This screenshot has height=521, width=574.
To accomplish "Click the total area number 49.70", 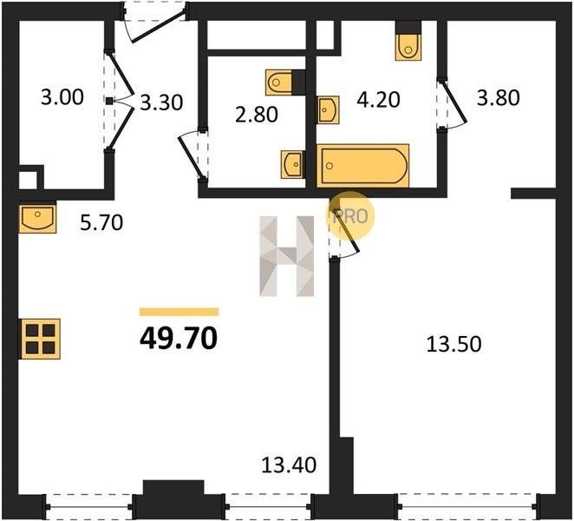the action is tap(179, 338).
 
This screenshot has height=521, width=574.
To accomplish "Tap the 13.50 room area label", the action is tap(454, 344).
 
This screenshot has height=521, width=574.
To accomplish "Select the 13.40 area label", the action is tap(289, 465).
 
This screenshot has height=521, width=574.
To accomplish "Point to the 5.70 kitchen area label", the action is tap(101, 222).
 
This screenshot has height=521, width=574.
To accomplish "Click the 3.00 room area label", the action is tap(62, 97).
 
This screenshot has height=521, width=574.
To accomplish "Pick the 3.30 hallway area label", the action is tap(161, 102).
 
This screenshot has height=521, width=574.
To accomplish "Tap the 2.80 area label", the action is tap(257, 115).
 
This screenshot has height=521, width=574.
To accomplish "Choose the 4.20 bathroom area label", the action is tap(378, 100).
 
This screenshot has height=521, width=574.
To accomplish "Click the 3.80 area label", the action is tap(499, 98).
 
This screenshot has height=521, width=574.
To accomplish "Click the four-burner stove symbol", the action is tap(40, 340).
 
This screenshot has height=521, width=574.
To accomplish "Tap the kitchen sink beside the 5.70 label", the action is tap(37, 217).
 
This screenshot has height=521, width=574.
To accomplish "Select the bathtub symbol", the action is tap(362, 166).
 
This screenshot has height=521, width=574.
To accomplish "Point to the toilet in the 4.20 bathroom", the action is tap(408, 45).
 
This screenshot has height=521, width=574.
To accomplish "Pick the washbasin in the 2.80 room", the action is tap(292, 165).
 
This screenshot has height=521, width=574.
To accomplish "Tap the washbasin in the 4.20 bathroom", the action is tap(328, 110).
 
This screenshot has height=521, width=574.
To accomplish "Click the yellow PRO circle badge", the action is tap(350, 216).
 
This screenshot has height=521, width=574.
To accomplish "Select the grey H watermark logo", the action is tap(287, 256).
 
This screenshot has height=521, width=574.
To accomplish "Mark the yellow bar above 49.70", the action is tap(179, 312).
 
